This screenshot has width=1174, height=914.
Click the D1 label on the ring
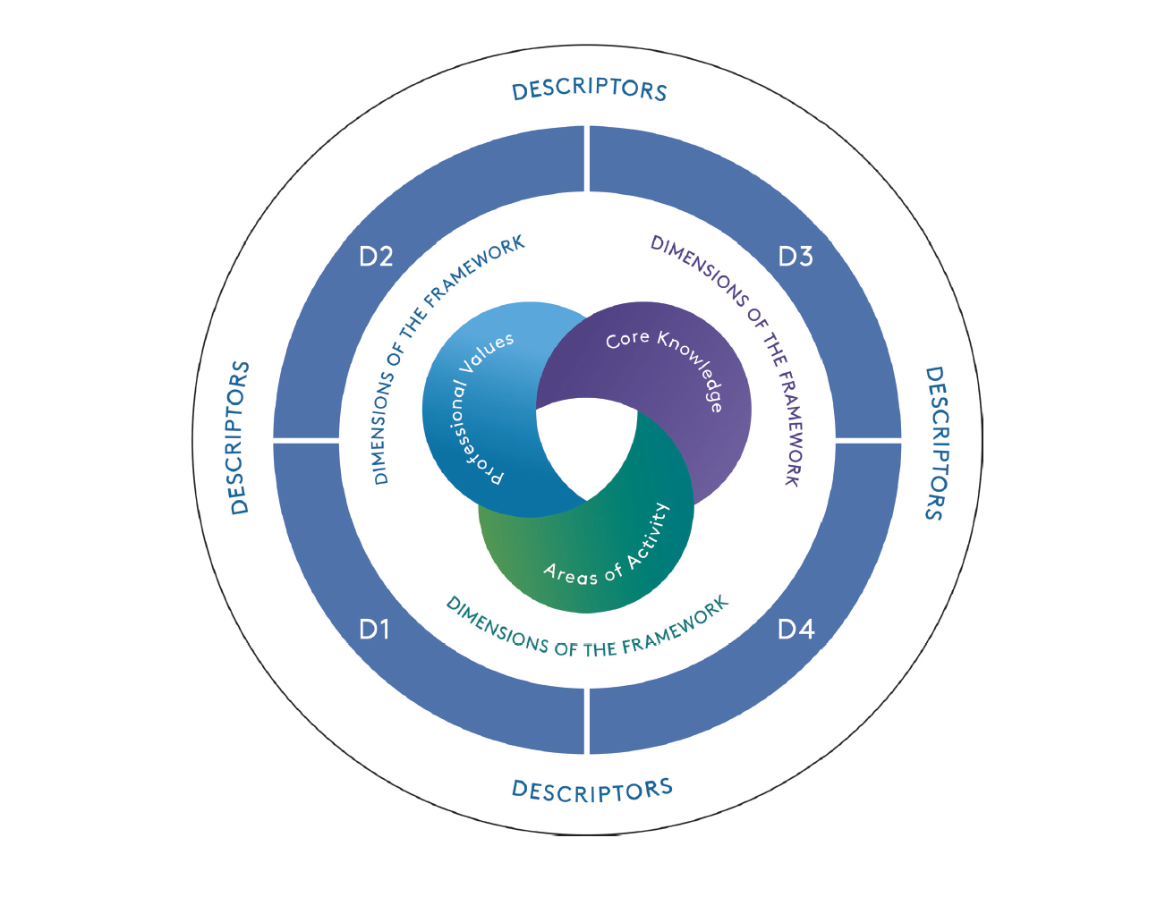[375, 630]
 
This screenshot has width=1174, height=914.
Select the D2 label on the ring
[376, 258]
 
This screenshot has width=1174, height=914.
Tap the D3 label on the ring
[795, 258]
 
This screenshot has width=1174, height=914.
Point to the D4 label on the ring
[795, 630]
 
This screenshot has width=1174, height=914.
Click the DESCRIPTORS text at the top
[589, 89]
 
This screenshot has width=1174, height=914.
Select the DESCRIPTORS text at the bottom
[591, 791]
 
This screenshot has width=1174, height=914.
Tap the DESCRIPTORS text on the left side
[240, 438]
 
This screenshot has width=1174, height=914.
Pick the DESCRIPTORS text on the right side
[934, 442]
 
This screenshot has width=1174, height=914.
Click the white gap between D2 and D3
[587, 159]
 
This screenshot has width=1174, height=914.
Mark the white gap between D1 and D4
[587, 721]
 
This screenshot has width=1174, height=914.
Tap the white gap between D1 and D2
[306, 441]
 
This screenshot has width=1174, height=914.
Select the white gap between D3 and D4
[868, 441]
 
